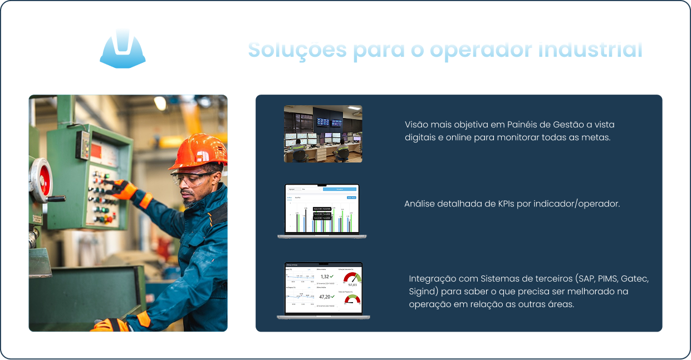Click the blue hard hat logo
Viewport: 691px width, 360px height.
pyautogui.click(x=123, y=50)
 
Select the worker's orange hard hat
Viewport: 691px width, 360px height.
pyautogui.click(x=198, y=151)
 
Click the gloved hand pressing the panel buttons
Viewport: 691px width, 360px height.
pyautogui.click(x=122, y=189)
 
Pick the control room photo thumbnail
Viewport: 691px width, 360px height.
pyautogui.click(x=323, y=134)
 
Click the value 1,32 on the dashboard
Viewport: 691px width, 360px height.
pyautogui.click(x=325, y=277)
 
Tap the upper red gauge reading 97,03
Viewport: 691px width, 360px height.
pyautogui.click(x=352, y=278)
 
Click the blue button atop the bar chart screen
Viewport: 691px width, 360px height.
pyautogui.click(x=340, y=190)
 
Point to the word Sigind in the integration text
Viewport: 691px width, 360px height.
pyautogui.click(x=422, y=292)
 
